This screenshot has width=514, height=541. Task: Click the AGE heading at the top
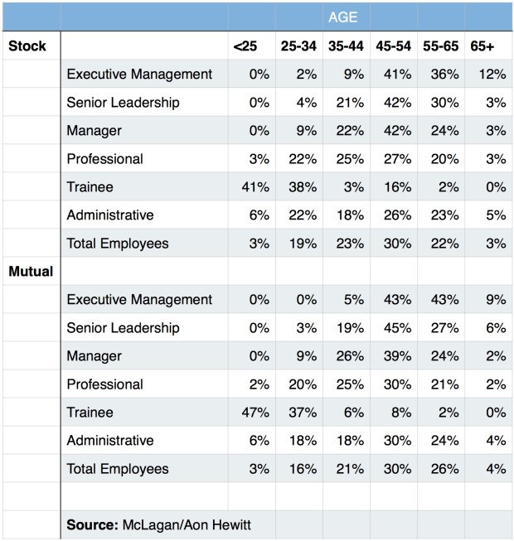coord(343,17)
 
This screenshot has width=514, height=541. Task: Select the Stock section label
coord(27,46)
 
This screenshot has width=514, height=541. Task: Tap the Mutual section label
coord(31,271)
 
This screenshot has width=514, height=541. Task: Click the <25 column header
coord(245,46)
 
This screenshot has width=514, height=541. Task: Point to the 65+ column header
coord(482,46)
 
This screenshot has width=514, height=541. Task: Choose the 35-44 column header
coord(345,46)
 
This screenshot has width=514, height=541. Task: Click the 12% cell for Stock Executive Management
coord(492,75)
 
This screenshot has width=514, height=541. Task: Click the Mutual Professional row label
coord(104,384)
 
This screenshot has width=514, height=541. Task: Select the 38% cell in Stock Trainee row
coord(303,187)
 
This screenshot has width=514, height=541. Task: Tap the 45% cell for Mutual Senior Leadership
coord(398,328)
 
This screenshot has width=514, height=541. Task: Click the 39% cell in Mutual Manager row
coord(398,356)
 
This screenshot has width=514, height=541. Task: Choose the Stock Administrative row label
coord(110,215)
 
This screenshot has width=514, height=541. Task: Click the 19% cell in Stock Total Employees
coord(303,244)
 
